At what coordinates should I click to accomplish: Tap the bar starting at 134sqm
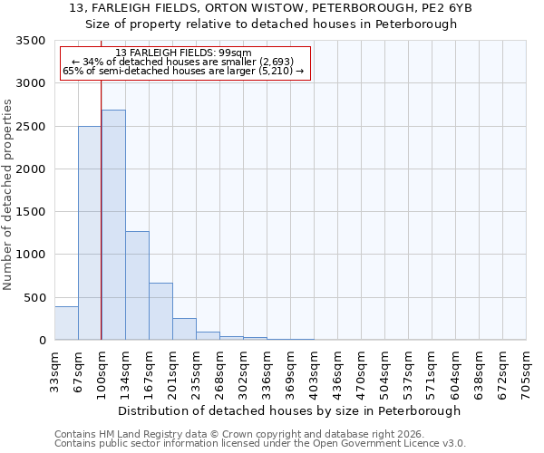point(137,285)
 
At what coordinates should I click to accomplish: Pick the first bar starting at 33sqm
point(66,323)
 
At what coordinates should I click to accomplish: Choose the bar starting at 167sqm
point(160,312)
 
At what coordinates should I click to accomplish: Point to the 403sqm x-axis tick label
point(314,371)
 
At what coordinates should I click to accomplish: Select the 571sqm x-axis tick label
point(432,371)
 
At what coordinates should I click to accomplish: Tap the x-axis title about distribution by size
point(290,410)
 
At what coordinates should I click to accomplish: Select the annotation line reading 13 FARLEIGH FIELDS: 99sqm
point(184,53)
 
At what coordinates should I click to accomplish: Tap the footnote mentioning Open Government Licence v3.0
point(260,443)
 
